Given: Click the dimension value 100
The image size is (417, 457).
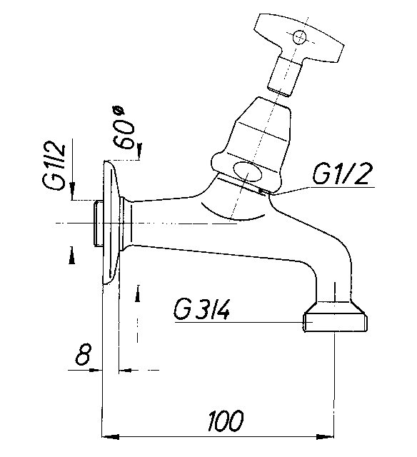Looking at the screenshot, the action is click(x=225, y=421).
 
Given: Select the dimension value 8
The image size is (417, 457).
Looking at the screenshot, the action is click(x=84, y=354).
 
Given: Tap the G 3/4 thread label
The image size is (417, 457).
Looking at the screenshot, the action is click(x=201, y=309).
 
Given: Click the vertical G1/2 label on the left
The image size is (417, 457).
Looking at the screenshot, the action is click(x=54, y=166).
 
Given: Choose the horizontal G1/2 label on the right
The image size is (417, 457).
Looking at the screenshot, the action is click(x=342, y=174).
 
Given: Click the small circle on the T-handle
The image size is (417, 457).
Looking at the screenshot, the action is click(x=300, y=37).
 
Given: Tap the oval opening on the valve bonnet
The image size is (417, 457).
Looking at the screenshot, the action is click(x=247, y=171).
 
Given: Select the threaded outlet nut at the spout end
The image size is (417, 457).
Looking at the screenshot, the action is click(x=335, y=317).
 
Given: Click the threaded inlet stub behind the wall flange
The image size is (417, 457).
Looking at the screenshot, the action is click(x=99, y=224).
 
